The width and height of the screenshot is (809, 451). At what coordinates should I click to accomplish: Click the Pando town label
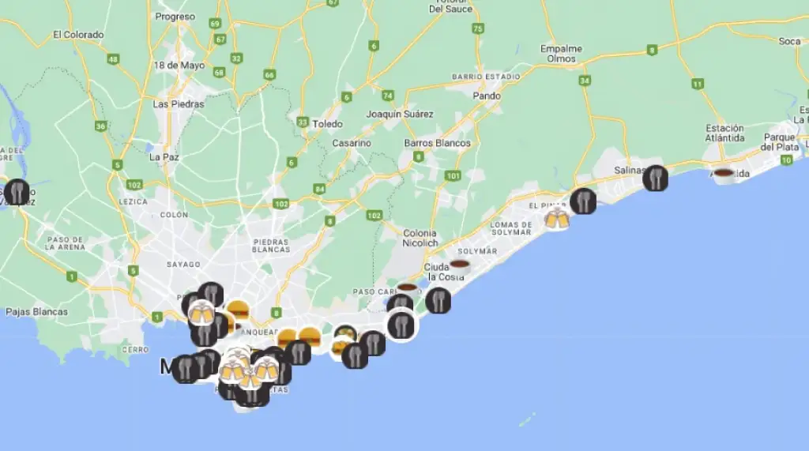[x=487, y=96]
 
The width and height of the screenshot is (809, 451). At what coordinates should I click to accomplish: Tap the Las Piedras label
[x=178, y=103]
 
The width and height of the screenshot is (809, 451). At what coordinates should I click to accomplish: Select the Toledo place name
[x=327, y=124]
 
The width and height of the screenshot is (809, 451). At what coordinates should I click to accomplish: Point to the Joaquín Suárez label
[x=400, y=114]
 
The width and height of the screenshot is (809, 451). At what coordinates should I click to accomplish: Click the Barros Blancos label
[x=437, y=143]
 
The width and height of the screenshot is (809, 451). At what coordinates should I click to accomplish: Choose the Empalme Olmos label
[x=561, y=54]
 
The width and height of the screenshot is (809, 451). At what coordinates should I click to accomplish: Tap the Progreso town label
[x=175, y=17]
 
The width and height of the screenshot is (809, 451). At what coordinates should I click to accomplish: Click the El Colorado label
[x=78, y=35]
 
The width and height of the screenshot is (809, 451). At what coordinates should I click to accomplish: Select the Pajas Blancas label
[x=36, y=311]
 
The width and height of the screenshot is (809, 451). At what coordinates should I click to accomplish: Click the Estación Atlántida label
[x=724, y=133]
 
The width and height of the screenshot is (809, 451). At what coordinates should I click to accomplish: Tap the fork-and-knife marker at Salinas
[x=655, y=179]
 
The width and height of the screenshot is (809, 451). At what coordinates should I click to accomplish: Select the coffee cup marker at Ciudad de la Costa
[x=459, y=265]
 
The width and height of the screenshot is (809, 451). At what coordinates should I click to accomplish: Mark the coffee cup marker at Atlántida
[x=723, y=174]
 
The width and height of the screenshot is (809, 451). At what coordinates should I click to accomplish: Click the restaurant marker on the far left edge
[x=16, y=192]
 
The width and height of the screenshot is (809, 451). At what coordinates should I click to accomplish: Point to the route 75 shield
[x=477, y=28]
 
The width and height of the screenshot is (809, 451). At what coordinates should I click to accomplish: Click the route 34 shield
[x=585, y=81]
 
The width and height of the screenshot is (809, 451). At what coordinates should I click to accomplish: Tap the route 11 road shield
[x=697, y=84]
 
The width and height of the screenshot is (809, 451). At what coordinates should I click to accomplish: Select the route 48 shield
[x=114, y=59]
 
